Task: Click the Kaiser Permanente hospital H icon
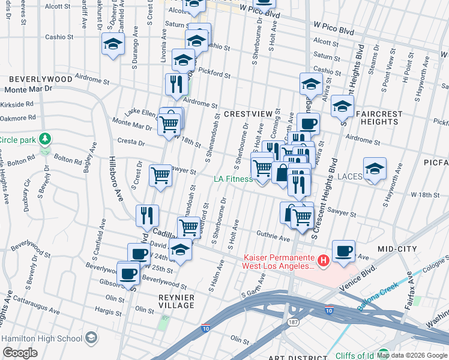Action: (324, 260)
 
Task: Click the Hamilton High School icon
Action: (91, 338)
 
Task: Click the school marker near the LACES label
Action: (375, 169)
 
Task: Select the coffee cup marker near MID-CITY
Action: (343, 251)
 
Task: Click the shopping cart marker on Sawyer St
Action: (161, 175)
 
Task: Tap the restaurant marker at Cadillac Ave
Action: (147, 215)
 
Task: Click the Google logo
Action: (20, 353)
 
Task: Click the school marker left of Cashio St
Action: (112, 44)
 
